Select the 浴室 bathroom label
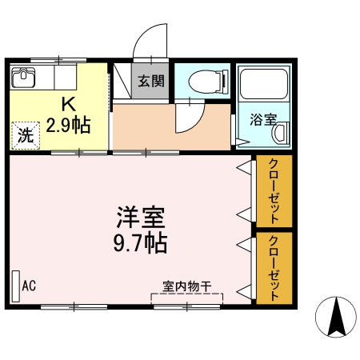click(x=263, y=120)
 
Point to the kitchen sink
click(x=24, y=79)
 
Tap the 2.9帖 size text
click(x=68, y=124)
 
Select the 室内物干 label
click(x=186, y=285)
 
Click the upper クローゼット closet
click(x=274, y=191)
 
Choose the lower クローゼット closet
click(x=274, y=267)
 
